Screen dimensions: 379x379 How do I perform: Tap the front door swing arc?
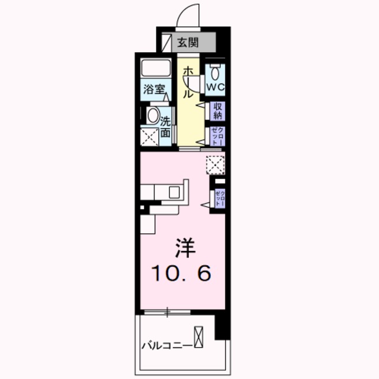click(x=188, y=14)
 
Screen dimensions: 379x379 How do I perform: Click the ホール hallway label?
click(x=187, y=82)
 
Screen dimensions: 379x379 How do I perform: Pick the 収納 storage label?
click(x=217, y=110)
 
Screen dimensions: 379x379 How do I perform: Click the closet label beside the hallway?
click(x=217, y=137)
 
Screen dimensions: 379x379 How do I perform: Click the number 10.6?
click(x=183, y=273)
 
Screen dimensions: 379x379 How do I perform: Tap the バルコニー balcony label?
click(x=166, y=345)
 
